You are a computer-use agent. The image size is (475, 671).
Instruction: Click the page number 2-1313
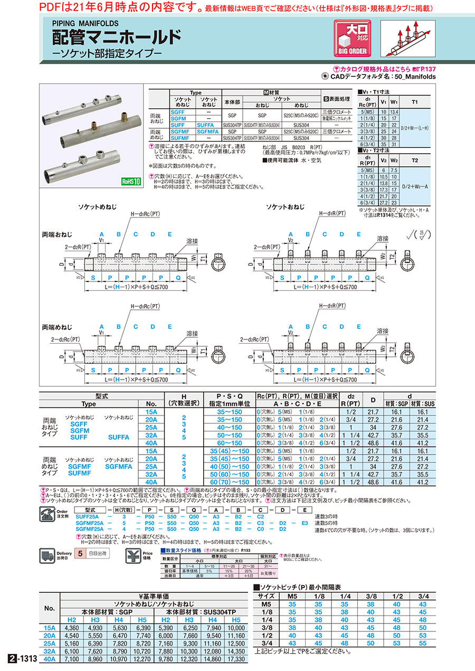pos(21,659)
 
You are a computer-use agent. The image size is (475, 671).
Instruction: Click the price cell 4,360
pos(71,628)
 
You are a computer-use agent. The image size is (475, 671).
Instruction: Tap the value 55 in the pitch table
pos(422,643)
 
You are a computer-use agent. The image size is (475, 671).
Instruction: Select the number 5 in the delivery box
pos(80,554)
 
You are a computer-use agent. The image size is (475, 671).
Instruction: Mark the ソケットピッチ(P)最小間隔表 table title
pos(301,587)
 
